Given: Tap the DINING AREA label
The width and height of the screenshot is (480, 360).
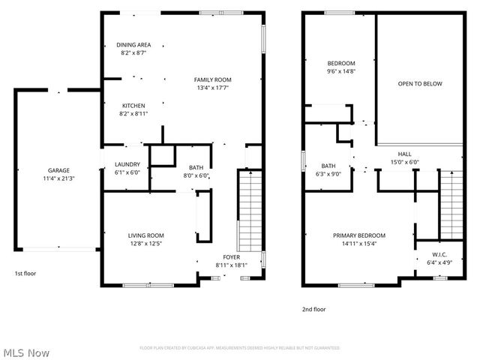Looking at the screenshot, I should tap(133, 45).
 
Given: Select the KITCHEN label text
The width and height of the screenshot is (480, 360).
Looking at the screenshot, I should tap(133, 106).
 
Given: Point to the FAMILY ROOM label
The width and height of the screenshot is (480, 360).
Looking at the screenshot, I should tap(212, 79).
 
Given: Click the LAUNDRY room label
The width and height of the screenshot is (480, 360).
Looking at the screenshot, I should tap(127, 164).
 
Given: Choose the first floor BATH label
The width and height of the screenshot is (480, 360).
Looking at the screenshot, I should tap(196, 167).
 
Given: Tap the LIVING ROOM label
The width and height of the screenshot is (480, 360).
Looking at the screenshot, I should tap(145, 235).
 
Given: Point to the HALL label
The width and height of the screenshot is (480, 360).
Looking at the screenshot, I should tap(404, 153).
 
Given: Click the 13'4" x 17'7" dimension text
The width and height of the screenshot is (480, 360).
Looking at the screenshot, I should tap(212, 88).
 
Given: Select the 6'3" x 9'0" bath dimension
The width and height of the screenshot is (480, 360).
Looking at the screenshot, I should tap(328, 174).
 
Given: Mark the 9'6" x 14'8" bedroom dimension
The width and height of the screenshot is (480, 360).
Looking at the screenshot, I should tap(340, 71).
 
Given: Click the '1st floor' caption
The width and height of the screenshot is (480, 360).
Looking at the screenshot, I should tap(25, 274).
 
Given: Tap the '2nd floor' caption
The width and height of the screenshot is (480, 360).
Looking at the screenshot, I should tap(314, 308).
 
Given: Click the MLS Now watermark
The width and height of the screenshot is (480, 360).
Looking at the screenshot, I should tap(27, 352).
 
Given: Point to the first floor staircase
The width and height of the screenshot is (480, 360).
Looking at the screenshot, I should tap(249, 212).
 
